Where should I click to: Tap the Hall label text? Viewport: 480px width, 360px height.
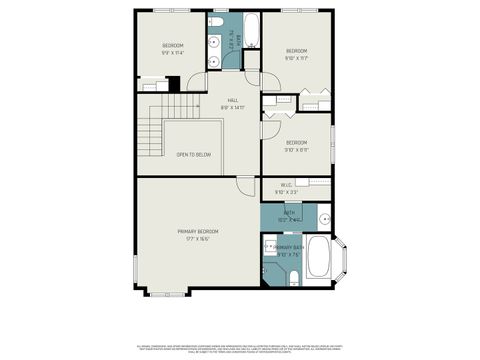coord(232,103)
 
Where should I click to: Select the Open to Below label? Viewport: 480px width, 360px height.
coord(193,155)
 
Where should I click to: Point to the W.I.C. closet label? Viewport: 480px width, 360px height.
coord(286,188)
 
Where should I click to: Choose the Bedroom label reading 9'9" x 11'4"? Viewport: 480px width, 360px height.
coord(173,48)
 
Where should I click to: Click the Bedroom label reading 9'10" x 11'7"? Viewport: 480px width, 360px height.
coord(296,54)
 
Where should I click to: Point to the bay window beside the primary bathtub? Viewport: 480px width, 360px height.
coord(343,260)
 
